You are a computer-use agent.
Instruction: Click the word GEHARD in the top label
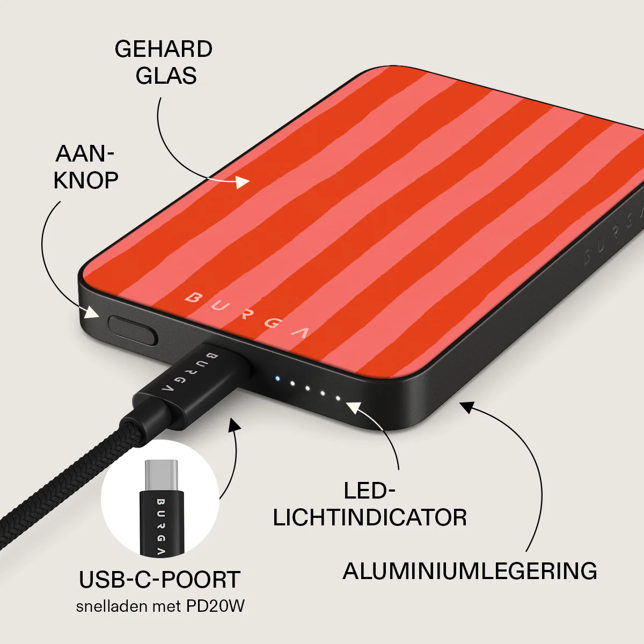click(164, 49)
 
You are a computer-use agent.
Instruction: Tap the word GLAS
click(166, 75)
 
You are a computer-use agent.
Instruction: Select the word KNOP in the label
click(85, 180)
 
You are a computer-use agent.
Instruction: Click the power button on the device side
click(133, 330)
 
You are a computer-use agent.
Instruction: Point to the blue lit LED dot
click(277, 379)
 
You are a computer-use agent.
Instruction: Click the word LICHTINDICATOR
click(370, 518)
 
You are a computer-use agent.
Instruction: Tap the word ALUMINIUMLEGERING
click(470, 571)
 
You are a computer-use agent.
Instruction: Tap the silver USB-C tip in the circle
click(161, 475)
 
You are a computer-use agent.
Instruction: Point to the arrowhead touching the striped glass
click(243, 182)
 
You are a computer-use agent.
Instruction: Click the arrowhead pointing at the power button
click(92, 312)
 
